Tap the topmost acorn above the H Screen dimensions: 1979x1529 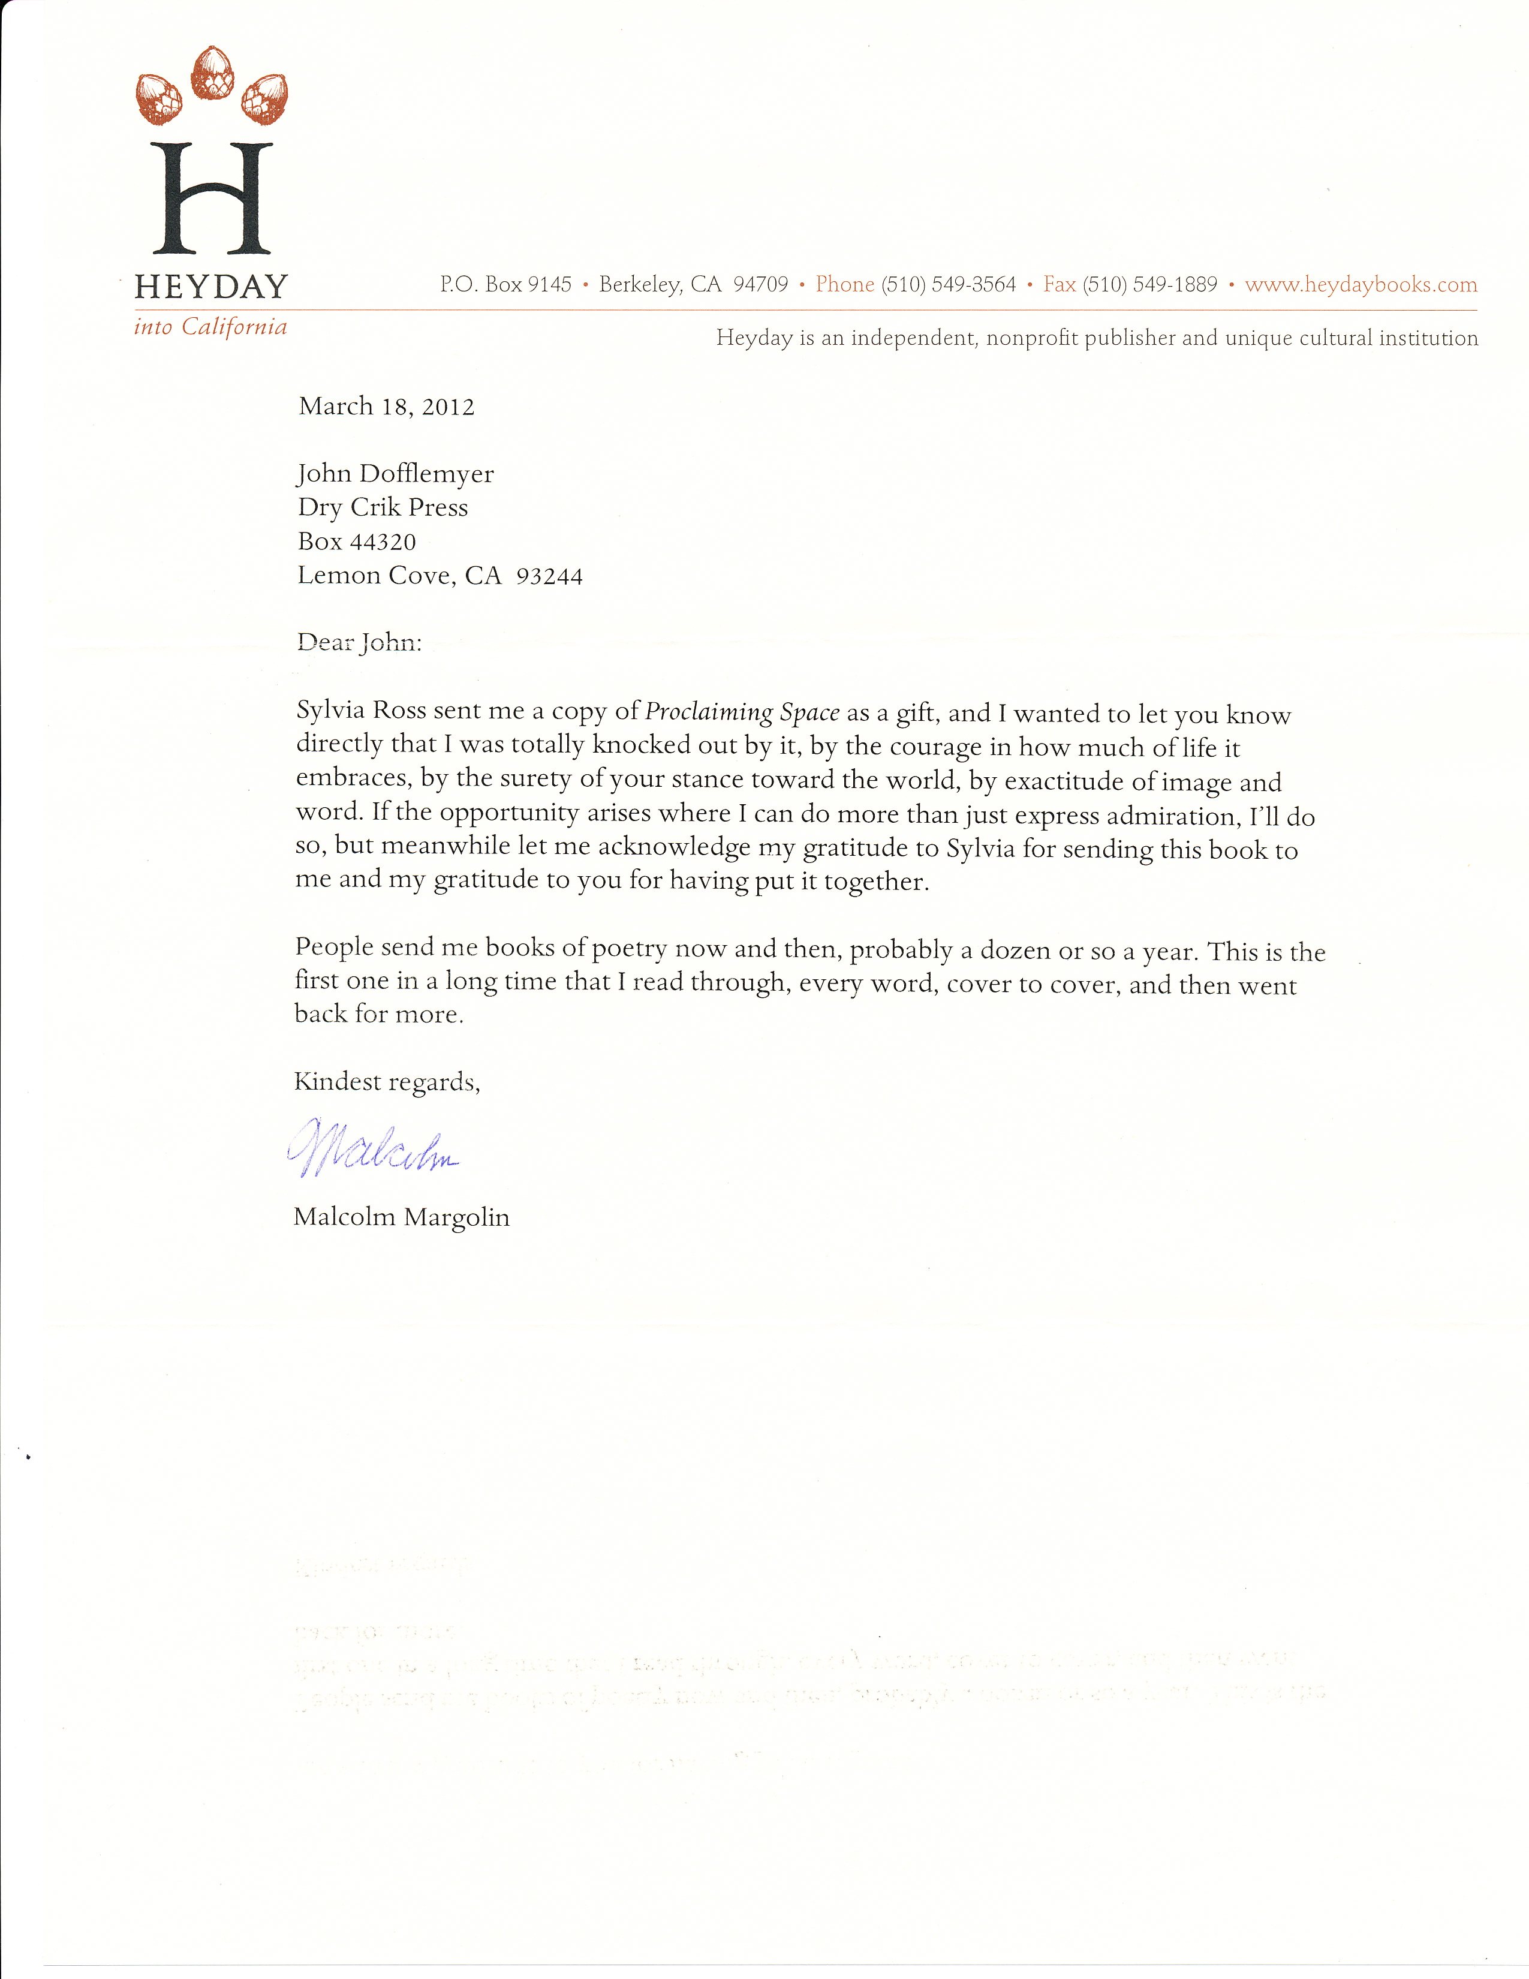coord(213,73)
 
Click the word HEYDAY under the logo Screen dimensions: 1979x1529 coord(211,287)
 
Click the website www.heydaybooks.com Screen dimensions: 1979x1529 coord(1361,284)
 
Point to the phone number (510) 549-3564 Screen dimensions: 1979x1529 coord(949,284)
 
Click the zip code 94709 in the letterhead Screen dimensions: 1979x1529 coord(761,284)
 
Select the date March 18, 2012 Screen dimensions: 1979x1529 coord(387,406)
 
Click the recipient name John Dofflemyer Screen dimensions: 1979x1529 coord(396,474)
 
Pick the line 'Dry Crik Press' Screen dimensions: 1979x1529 coord(383,507)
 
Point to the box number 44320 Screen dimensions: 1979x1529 coord(383,542)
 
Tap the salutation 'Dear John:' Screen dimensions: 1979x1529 coord(360,642)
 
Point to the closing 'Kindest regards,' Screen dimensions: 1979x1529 coord(387,1082)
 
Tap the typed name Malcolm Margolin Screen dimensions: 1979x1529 coord(401,1217)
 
